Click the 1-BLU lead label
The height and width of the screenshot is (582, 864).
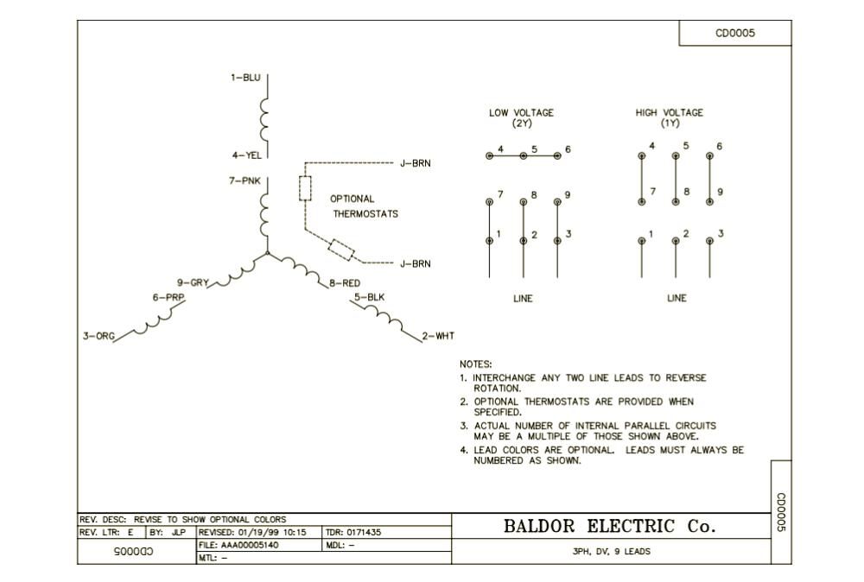click(245, 78)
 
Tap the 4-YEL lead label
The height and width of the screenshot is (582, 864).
click(246, 155)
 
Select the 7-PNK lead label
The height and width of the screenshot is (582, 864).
click(245, 180)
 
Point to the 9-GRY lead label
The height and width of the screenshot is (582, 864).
click(193, 282)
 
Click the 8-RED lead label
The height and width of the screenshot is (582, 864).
click(345, 283)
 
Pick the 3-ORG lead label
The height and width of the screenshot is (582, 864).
click(98, 336)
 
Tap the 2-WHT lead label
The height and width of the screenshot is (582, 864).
click(438, 336)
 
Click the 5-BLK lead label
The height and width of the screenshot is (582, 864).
click(369, 298)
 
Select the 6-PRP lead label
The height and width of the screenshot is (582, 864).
click(168, 297)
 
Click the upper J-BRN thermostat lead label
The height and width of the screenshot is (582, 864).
click(415, 162)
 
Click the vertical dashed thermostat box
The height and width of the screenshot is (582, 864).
click(305, 188)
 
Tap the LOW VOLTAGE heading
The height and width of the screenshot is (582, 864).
click(521, 112)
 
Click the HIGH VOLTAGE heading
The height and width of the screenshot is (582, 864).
click(670, 112)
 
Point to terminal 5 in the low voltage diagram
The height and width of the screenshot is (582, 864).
click(523, 155)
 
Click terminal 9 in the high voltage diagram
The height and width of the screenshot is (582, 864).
click(710, 201)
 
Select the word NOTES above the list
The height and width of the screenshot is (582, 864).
click(476, 364)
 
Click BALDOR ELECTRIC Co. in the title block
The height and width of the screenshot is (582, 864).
click(610, 526)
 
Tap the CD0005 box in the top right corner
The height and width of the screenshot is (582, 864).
click(734, 33)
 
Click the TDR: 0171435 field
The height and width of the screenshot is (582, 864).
click(353, 533)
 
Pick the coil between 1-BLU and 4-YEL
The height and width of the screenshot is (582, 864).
click(264, 117)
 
